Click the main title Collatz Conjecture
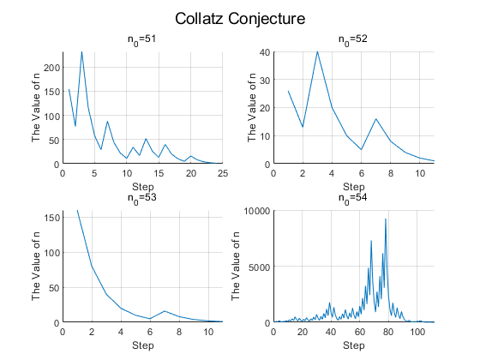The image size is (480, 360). [x=240, y=19]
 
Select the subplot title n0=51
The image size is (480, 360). [x=141, y=39]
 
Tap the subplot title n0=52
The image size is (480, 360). [x=352, y=39]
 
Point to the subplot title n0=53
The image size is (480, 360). [x=141, y=198]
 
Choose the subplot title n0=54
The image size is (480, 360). [x=352, y=198]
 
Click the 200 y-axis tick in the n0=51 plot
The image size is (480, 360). [x=51, y=68]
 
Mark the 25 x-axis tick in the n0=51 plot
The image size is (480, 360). [x=223, y=173]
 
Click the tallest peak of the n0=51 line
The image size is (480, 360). [x=81, y=52]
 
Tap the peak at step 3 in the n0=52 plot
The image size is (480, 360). [x=317, y=51]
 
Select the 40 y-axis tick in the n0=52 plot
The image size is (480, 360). [x=265, y=52]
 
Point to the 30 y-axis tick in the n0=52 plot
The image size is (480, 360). [x=265, y=81]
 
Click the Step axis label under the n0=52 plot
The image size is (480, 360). [x=353, y=187]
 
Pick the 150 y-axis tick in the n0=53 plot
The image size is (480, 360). [x=51, y=218]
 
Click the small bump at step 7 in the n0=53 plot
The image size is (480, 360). [x=165, y=311]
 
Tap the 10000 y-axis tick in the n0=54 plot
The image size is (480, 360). [x=257, y=211]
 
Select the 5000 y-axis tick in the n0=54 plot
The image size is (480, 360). [x=260, y=267]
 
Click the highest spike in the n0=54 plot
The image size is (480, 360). [x=386, y=219]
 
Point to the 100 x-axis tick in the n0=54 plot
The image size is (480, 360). [x=417, y=332]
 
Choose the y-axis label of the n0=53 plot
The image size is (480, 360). [x=36, y=267]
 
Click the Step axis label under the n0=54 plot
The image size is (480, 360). [x=353, y=345]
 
